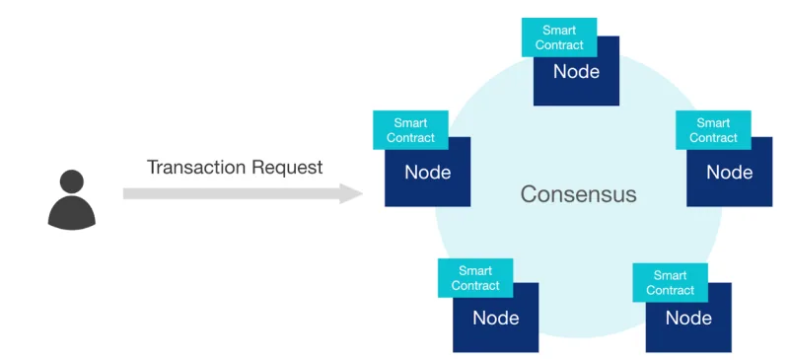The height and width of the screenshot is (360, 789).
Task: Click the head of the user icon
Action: pos(71,181)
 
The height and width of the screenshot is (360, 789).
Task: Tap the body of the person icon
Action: pos(71,213)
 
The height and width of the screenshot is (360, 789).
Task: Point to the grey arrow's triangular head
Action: pos(351,194)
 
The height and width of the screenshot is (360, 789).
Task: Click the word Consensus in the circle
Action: pos(578,194)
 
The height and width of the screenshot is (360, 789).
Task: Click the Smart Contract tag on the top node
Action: pos(559,37)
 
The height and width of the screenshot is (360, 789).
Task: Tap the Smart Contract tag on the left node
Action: pos(410,130)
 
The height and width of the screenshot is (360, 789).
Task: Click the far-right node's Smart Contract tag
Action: pos(713,130)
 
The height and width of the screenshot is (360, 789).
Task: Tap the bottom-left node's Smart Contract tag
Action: pos(475,278)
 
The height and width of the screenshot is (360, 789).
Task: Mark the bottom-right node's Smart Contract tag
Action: pos(671,282)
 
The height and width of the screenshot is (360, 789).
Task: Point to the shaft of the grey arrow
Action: pos(232,194)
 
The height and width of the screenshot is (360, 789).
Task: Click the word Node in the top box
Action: pos(577,71)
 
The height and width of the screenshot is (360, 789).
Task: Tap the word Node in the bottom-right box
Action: pos(688,318)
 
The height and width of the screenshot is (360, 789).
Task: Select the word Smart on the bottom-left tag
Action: pos(475,271)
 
